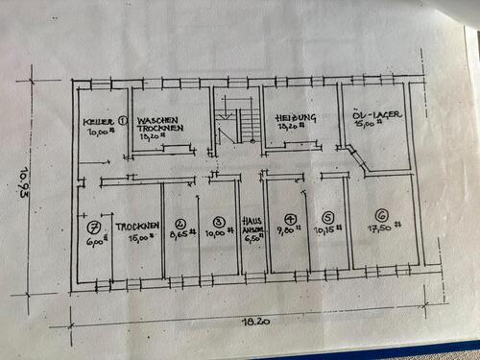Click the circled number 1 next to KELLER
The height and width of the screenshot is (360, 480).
pyautogui.click(x=123, y=121)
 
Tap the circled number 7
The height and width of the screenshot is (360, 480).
pyautogui.click(x=94, y=228)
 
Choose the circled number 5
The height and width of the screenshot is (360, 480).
pyautogui.click(x=328, y=219)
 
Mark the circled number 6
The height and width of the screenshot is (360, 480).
pyautogui.click(x=382, y=216)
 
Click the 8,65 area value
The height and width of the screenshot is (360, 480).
pyautogui.click(x=181, y=232)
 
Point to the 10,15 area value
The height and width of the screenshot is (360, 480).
pyautogui.click(x=328, y=230)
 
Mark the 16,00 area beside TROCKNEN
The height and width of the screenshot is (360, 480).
pyautogui.click(x=142, y=237)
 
